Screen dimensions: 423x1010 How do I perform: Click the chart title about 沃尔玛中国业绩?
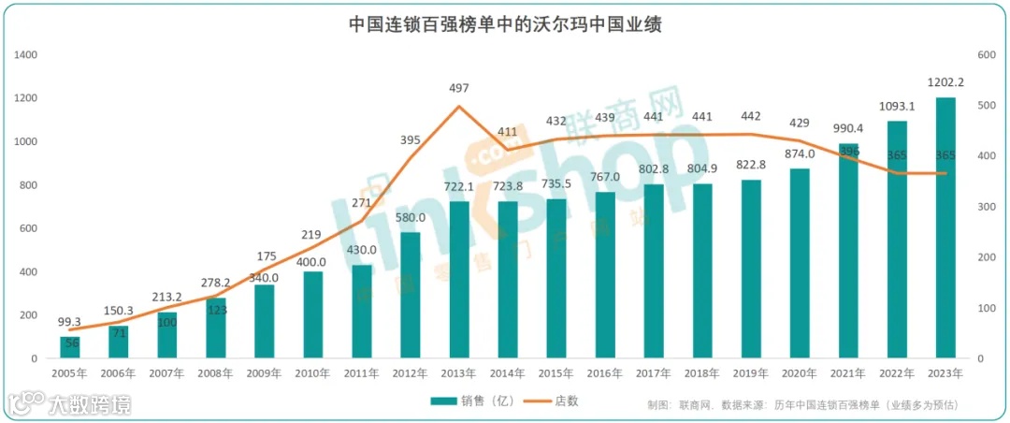(505, 24)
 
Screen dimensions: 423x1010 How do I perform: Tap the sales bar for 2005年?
(70, 347)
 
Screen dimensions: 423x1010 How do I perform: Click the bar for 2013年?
(458, 280)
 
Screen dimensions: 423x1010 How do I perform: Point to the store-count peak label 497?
(458, 88)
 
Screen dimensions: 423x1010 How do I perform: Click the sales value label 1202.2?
(945, 81)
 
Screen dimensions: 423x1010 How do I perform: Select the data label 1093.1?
(897, 106)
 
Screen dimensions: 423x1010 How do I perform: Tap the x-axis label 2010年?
(312, 372)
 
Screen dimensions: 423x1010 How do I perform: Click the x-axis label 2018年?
(702, 372)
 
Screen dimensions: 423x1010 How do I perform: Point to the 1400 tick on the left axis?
(26, 55)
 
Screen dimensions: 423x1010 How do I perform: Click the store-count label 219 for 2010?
(312, 234)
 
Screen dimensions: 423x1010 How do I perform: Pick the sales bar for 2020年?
(800, 263)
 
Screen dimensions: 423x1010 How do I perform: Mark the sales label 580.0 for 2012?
(410, 217)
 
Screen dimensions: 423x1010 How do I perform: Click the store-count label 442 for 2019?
(751, 116)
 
